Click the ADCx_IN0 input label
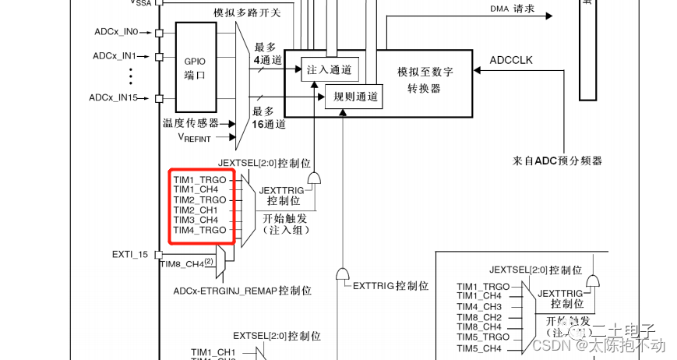115,32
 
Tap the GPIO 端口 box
194,68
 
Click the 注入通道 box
330,69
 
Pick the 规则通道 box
354,97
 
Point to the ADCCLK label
511,61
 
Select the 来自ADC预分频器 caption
557,161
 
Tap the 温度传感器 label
189,123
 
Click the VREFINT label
197,138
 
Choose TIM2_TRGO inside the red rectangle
199,200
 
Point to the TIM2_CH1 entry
196,210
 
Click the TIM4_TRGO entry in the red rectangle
199,231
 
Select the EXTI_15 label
129,254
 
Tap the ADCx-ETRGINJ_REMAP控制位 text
242,290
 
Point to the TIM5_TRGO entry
484,337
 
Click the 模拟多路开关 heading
246,13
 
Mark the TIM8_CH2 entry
479,317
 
